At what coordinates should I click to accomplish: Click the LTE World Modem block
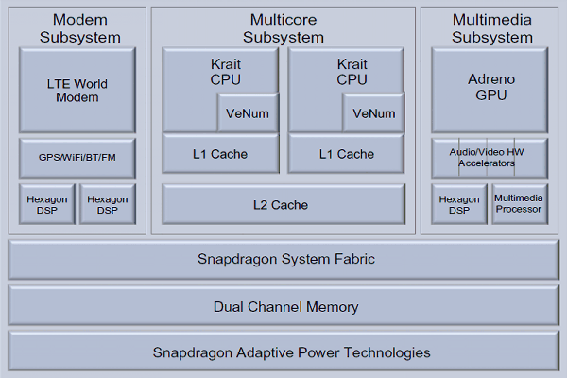tap(77, 90)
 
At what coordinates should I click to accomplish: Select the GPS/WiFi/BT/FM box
tap(77, 157)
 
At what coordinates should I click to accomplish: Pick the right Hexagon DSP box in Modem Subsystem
tap(108, 204)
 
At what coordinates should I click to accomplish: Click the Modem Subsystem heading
tap(79, 28)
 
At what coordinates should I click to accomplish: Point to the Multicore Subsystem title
tap(283, 28)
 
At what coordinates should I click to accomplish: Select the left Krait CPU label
tap(220, 73)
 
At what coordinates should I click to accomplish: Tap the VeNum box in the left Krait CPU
tap(249, 113)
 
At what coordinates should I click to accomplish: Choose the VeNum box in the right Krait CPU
tap(374, 113)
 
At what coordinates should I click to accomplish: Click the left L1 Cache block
tap(220, 154)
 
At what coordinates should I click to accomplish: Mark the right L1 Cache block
tap(346, 154)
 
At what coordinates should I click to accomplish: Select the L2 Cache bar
tap(283, 204)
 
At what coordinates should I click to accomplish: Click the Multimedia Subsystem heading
tap(491, 28)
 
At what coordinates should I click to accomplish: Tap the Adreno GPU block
tap(490, 90)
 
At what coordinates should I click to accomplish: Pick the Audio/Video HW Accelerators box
tap(490, 157)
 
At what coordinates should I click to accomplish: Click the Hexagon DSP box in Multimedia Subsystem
tap(458, 204)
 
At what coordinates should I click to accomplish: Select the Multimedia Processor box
tap(519, 204)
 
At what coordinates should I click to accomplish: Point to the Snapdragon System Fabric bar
tap(283, 259)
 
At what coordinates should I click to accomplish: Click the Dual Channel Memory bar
tap(283, 306)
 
